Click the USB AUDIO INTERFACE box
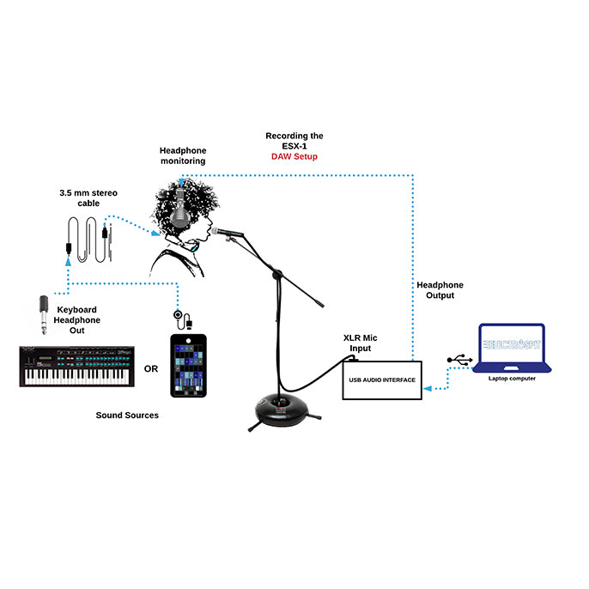(x=383, y=380)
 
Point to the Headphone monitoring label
(x=183, y=155)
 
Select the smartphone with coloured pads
(x=189, y=364)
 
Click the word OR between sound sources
(x=151, y=369)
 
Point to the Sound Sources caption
(x=127, y=415)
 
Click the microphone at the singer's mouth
(x=231, y=231)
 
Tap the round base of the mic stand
(x=276, y=408)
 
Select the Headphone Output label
(x=440, y=289)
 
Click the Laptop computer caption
(x=512, y=378)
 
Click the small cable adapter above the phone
(x=179, y=317)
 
